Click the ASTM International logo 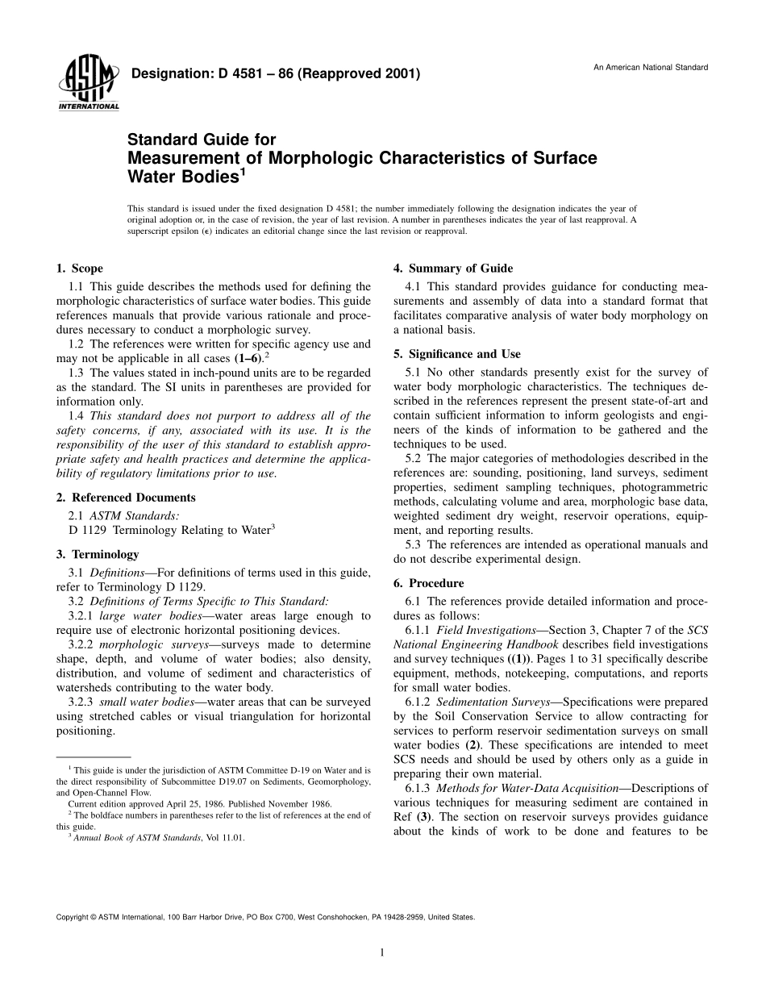pyautogui.click(x=88, y=84)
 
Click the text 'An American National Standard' pyautogui.click(x=651, y=67)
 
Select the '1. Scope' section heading pyautogui.click(x=80, y=269)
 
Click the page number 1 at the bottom pyautogui.click(x=382, y=952)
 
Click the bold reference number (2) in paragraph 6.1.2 pyautogui.click(x=477, y=745)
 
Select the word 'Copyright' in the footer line pyautogui.click(x=72, y=917)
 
